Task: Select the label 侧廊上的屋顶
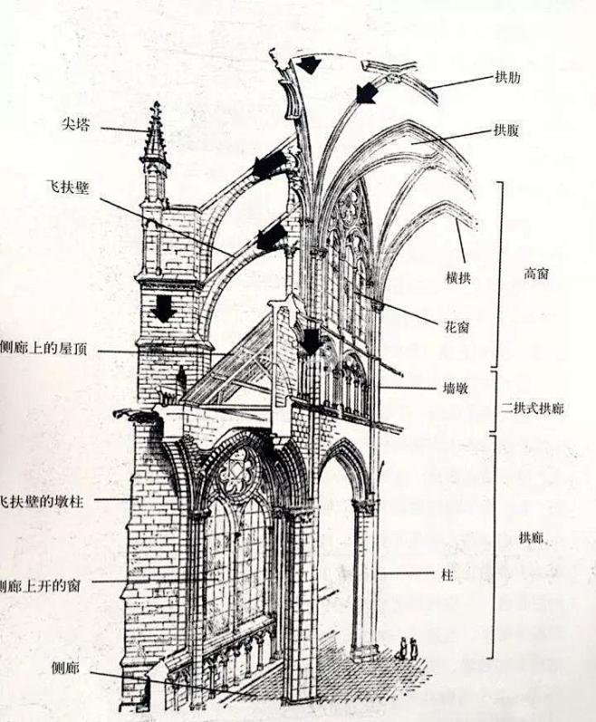[43, 349]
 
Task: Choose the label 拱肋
[507, 77]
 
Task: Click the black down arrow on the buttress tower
[162, 309]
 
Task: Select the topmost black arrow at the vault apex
[310, 64]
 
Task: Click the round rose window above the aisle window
[238, 471]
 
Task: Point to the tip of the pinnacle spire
[156, 104]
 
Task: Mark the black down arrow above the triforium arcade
[311, 342]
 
